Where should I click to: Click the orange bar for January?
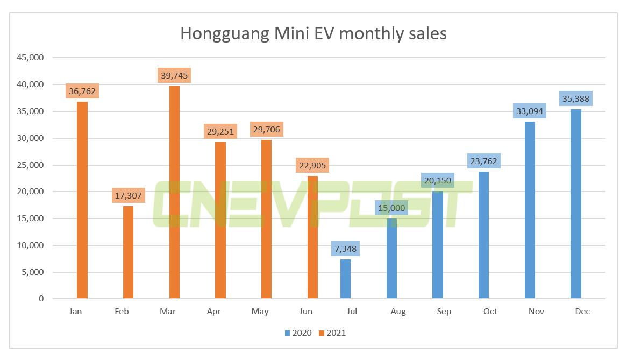pos(82,200)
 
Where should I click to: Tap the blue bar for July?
pos(345,279)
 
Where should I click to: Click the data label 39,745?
pos(174,75)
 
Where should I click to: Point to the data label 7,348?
pos(345,249)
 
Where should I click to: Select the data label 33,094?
pos(530,111)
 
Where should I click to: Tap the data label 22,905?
pos(312,165)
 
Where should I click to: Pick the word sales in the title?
pos(427,33)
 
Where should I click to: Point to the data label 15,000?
pos(391,208)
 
